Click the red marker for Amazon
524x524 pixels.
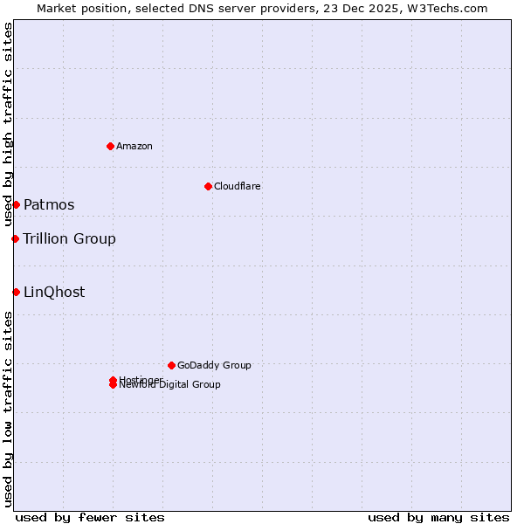pyautogui.click(x=110, y=146)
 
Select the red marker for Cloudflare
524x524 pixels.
pyautogui.click(x=208, y=186)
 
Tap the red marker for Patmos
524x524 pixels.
pyautogui.click(x=16, y=204)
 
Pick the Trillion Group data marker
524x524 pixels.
pyautogui.click(x=15, y=238)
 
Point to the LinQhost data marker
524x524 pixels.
pyautogui.click(x=16, y=292)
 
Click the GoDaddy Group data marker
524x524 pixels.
pyautogui.click(x=171, y=365)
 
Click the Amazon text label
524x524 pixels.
pyautogui.click(x=134, y=146)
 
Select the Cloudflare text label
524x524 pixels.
pyautogui.click(x=238, y=186)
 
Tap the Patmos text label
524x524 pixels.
pyautogui.click(x=49, y=204)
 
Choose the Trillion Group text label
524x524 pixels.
pyautogui.click(x=69, y=238)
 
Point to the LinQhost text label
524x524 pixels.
pyautogui.click(x=54, y=292)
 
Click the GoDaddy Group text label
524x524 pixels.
pyautogui.click(x=214, y=365)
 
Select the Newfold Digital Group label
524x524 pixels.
pyautogui.click(x=171, y=385)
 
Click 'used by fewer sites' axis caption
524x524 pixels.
pyautogui.click(x=90, y=517)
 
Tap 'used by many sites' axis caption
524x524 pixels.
pyautogui.click(x=438, y=517)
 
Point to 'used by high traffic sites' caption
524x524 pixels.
pyautogui.click(x=8, y=125)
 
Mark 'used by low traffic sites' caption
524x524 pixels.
pyautogui.click(x=8, y=408)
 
